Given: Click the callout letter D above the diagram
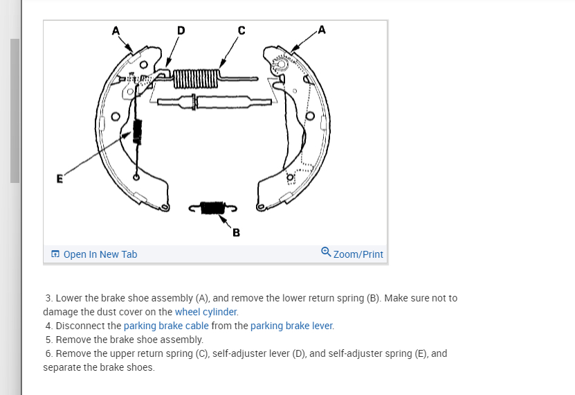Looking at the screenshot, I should pyautogui.click(x=181, y=30).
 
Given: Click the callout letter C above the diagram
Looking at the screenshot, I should pyautogui.click(x=241, y=30).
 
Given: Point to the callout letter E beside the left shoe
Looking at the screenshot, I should pyautogui.click(x=60, y=178).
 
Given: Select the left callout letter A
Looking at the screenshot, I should pyautogui.click(x=116, y=30).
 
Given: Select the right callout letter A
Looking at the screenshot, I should pyautogui.click(x=322, y=29).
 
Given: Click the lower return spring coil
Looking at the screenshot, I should pyautogui.click(x=212, y=207).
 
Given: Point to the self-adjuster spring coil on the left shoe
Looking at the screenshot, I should pyautogui.click(x=136, y=130).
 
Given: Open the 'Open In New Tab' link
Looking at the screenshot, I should pyautogui.click(x=100, y=254).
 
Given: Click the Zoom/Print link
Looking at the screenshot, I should pyautogui.click(x=358, y=254).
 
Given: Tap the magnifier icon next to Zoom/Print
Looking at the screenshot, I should pyautogui.click(x=326, y=254).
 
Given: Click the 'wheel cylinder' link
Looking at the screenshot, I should pyautogui.click(x=206, y=312).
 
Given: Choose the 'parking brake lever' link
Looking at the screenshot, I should pyautogui.click(x=291, y=326).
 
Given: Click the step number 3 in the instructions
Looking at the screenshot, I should pyautogui.click(x=48, y=298).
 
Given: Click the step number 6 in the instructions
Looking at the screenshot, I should pyautogui.click(x=48, y=353).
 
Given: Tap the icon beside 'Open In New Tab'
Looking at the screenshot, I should pyautogui.click(x=55, y=254).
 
